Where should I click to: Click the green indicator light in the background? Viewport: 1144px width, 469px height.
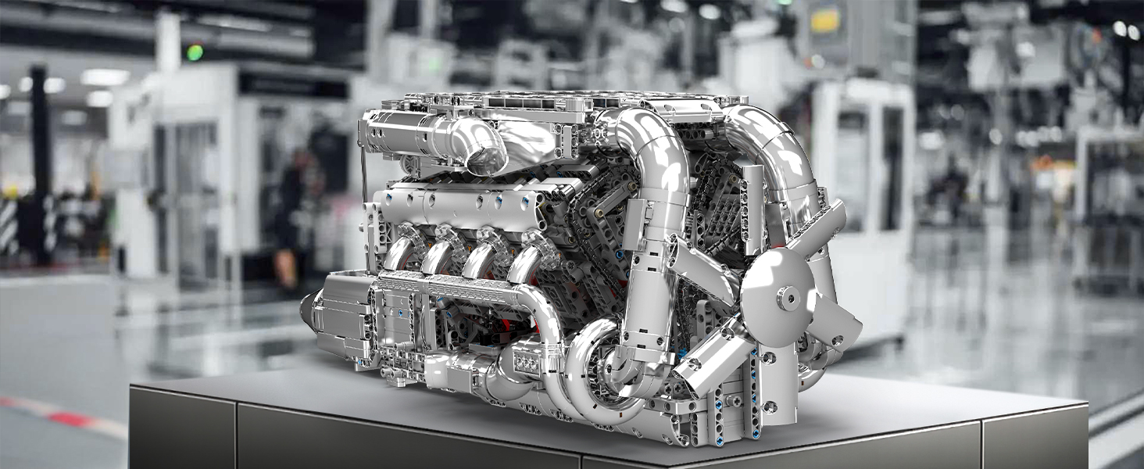[195, 52]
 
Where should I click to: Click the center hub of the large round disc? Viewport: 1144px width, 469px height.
[788, 298]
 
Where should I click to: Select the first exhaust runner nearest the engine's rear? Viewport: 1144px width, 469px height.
[399, 254]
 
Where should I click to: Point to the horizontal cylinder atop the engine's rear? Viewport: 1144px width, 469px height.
[399, 130]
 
